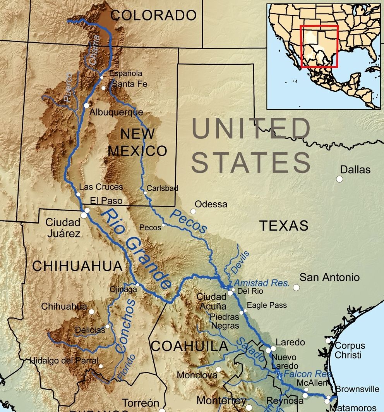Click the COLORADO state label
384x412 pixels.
pyautogui.click(x=153, y=15)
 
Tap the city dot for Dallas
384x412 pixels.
pyautogui.click(x=339, y=179)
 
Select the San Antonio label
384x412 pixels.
pyautogui.click(x=330, y=278)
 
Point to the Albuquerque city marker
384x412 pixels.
pyautogui.click(x=86, y=105)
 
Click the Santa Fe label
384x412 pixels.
pyautogui.click(x=124, y=84)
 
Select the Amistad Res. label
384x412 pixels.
pyautogui.click(x=262, y=283)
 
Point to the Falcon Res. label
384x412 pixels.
pyautogui.click(x=307, y=374)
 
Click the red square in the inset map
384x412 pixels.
pyautogui.click(x=319, y=46)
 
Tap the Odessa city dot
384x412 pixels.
pyautogui.click(x=193, y=211)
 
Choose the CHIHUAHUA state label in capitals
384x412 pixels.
pyautogui.click(x=77, y=266)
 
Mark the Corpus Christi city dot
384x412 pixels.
pyautogui.click(x=328, y=341)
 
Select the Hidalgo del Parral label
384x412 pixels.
pyautogui.click(x=64, y=360)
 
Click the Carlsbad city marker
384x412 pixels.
pyautogui.click(x=145, y=193)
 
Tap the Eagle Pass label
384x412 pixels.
pyautogui.click(x=267, y=305)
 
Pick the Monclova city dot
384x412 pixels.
pyautogui.click(x=218, y=369)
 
